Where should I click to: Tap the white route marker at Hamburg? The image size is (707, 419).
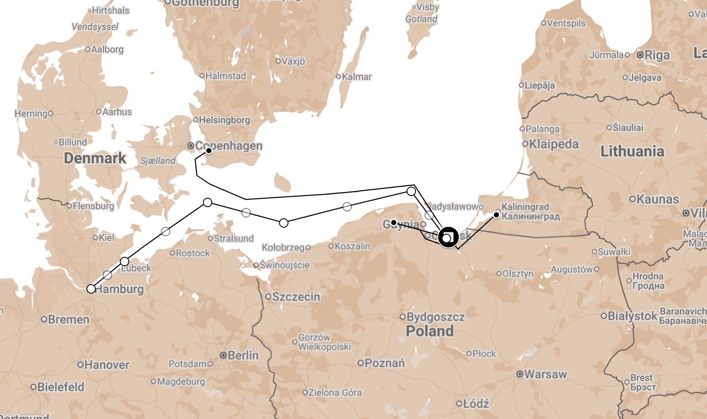pyautogui.click(x=91, y=289)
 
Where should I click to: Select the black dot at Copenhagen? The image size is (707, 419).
pyautogui.click(x=209, y=151)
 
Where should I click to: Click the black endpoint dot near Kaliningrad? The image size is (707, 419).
pyautogui.click(x=496, y=215)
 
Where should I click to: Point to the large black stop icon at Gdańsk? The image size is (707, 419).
pyautogui.click(x=448, y=237)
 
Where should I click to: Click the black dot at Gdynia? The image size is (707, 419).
pyautogui.click(x=394, y=223)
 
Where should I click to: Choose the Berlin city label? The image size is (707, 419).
pyautogui.click(x=243, y=355)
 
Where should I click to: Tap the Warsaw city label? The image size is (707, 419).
pyautogui.click(x=545, y=374)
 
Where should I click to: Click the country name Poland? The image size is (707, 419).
pyautogui.click(x=430, y=331)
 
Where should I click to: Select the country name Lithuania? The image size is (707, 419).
pyautogui.click(x=632, y=151)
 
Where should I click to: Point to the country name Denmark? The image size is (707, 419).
pyautogui.click(x=95, y=158)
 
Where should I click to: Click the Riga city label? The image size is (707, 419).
pyautogui.click(x=657, y=55)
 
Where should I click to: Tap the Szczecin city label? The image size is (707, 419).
pyautogui.click(x=296, y=297)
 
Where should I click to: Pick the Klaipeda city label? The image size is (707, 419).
pyautogui.click(x=554, y=144)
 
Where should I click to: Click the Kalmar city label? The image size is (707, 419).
pyautogui.click(x=356, y=77)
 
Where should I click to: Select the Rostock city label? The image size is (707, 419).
pyautogui.click(x=193, y=253)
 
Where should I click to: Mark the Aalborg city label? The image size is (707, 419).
pyautogui.click(x=107, y=50)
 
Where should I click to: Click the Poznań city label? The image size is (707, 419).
pyautogui.click(x=385, y=363)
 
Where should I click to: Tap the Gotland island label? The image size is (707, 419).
pyautogui.click(x=422, y=19)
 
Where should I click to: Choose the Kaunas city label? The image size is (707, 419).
pyautogui.click(x=657, y=199)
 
